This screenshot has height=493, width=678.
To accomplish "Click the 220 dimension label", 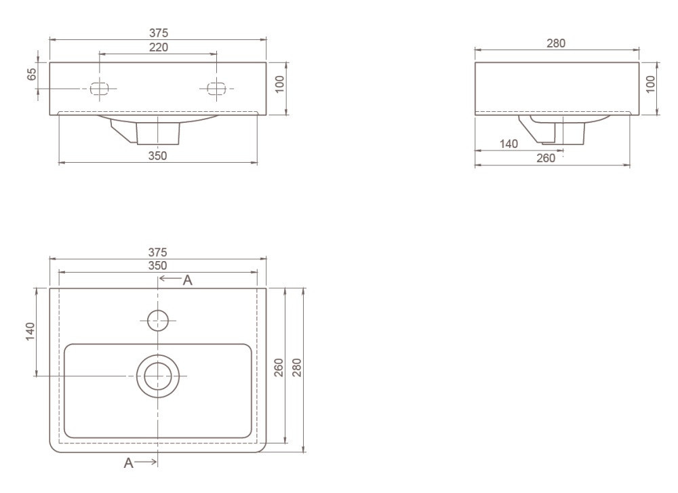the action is coord(159,47).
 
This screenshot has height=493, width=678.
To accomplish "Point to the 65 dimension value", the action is coord(32,74).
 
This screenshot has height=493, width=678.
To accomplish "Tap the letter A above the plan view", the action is coord(187,281).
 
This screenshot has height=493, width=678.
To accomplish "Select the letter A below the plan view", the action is coord(128,463).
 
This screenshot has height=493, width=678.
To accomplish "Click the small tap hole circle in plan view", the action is coord(158,321).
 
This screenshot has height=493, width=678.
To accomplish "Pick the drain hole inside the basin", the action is coord(158,376).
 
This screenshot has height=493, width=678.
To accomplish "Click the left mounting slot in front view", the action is coord(99,89).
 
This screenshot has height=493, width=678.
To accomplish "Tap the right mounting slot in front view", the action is coord(216,89).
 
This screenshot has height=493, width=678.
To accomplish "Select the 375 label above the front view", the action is coord(159,33).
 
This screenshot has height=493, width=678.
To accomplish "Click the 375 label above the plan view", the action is coord(157,252).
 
